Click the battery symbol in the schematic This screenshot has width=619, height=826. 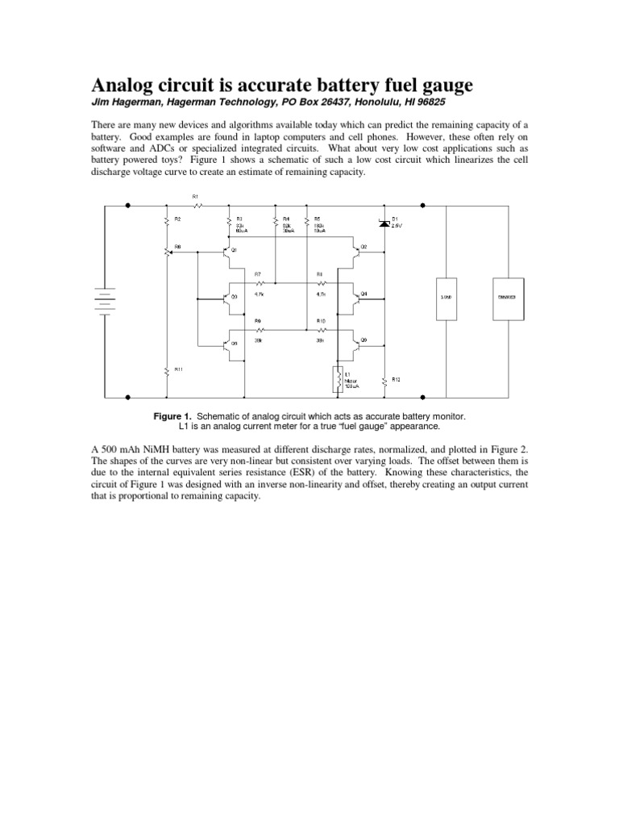(104, 300)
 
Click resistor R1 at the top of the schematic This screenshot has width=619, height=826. (196, 205)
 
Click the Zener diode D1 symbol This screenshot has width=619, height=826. (384, 223)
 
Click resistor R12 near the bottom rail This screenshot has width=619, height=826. (384, 381)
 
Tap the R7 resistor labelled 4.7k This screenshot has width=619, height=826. (260, 284)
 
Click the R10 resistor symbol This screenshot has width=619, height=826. (321, 329)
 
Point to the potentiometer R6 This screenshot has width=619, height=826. (167, 252)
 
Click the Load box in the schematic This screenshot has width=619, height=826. (447, 298)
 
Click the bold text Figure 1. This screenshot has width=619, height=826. (172, 415)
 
